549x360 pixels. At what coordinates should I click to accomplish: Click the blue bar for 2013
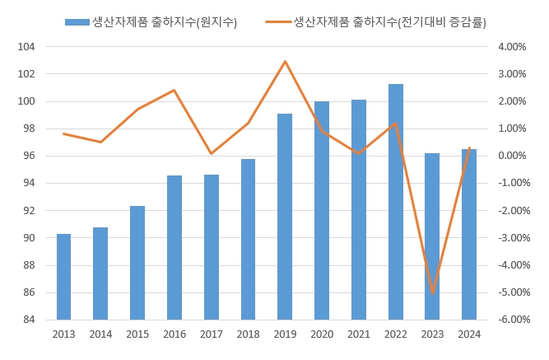[x=63, y=277]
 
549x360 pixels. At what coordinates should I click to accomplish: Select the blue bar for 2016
[x=174, y=247]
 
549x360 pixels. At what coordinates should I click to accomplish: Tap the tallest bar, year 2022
[x=396, y=202]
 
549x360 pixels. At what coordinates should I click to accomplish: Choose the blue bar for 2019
[x=285, y=217]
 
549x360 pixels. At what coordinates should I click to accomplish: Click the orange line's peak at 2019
[x=285, y=61]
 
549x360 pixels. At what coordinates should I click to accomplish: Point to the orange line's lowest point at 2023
[x=433, y=292]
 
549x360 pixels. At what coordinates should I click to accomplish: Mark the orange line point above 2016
[x=174, y=90]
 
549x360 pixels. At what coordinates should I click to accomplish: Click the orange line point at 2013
[x=63, y=133]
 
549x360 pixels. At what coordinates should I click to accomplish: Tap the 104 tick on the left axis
[x=26, y=47]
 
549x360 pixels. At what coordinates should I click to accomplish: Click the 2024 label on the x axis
[x=470, y=334]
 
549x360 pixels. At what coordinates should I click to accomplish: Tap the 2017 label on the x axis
[x=212, y=334]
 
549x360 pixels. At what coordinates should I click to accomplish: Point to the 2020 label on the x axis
[x=322, y=334]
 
